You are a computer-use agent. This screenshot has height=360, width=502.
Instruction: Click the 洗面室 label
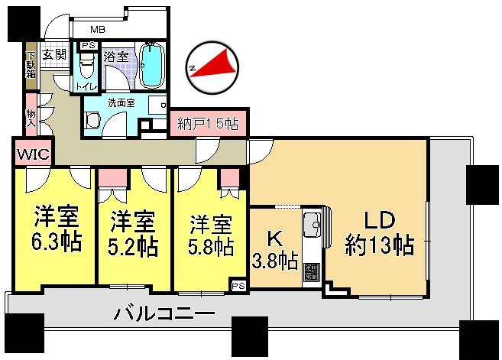(x=121, y=102)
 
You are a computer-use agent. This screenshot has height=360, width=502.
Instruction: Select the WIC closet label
(x=32, y=154)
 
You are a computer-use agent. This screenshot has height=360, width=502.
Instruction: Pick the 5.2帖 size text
(x=133, y=247)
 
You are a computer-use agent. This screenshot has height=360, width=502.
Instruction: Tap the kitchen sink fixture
(x=313, y=226)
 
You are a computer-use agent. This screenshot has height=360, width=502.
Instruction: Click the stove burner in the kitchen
(x=312, y=271)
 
